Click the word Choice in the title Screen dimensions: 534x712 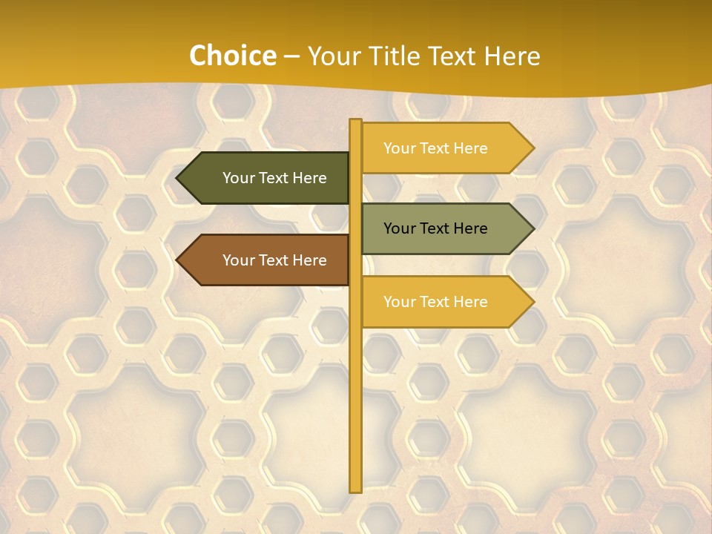pyautogui.click(x=232, y=56)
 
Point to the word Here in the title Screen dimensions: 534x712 pyautogui.click(x=512, y=56)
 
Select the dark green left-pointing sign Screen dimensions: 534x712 pyautogui.click(x=267, y=178)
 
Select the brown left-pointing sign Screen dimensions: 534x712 pyautogui.click(x=267, y=260)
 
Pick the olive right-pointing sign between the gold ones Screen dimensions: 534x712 pyautogui.click(x=441, y=228)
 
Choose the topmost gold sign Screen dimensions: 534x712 pyautogui.click(x=441, y=148)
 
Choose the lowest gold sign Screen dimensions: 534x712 pyautogui.click(x=441, y=302)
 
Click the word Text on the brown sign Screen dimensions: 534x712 pyautogui.click(x=274, y=260)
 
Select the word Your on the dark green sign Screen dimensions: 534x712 pyautogui.click(x=238, y=178)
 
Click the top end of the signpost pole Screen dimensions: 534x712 pyautogui.click(x=355, y=122)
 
